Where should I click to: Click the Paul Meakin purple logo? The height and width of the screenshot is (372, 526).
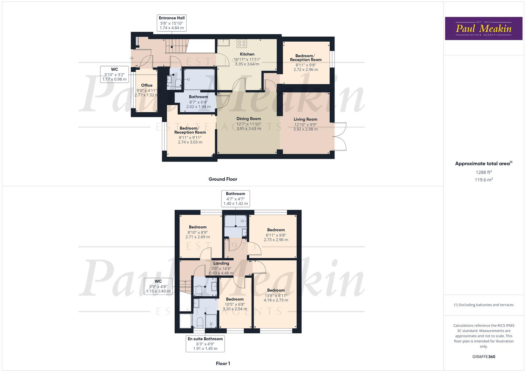point(483,29)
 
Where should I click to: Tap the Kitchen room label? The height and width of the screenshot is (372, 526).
point(247,54)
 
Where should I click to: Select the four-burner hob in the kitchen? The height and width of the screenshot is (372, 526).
point(242,43)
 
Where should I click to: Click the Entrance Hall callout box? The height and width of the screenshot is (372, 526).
point(172,23)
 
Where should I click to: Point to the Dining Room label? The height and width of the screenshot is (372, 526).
point(248,119)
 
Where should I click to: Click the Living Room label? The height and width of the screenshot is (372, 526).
point(305,120)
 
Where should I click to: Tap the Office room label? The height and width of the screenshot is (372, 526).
point(146,85)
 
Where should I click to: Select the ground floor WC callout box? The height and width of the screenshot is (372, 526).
point(114,74)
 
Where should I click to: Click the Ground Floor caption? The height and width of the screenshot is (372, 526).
point(223,179)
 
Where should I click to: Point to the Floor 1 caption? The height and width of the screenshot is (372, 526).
point(223,363)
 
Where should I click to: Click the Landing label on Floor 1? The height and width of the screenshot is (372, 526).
point(221,263)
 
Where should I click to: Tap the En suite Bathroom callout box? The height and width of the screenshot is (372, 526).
point(205,343)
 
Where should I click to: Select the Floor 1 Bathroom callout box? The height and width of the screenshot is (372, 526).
point(235,198)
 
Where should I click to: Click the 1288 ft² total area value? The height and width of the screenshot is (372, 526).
point(483,172)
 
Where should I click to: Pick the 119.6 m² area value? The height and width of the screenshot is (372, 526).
point(483,180)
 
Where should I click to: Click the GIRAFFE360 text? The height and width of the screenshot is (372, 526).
point(483,357)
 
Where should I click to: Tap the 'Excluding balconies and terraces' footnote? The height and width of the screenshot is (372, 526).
point(483,305)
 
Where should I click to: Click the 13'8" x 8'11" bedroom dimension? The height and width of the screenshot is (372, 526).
point(276,296)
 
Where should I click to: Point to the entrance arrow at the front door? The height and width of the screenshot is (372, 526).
point(131,58)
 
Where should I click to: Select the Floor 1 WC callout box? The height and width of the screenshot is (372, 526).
point(158,286)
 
